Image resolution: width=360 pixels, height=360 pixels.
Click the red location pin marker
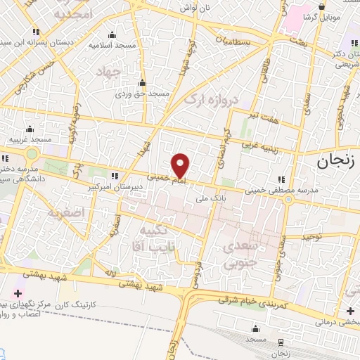tap(181, 165)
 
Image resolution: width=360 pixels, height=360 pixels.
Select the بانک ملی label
tap(208, 198)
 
